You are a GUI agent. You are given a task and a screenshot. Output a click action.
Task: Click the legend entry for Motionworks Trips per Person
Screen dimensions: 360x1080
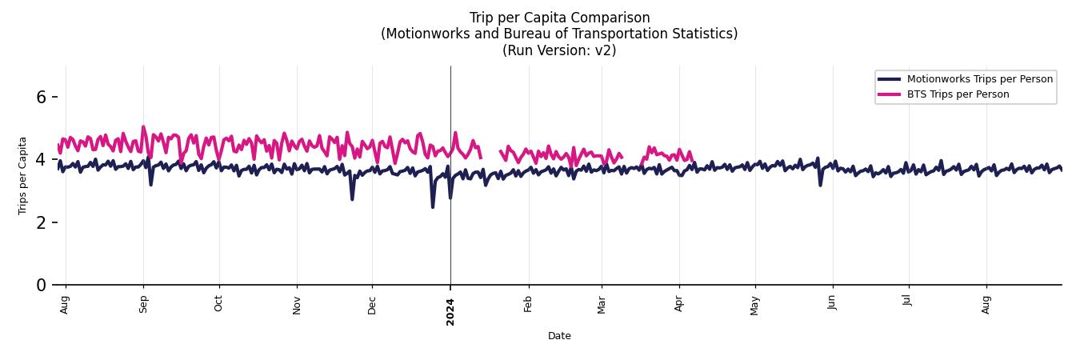click(x=979, y=78)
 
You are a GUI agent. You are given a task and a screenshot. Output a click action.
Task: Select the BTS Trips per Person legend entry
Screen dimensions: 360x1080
click(x=958, y=94)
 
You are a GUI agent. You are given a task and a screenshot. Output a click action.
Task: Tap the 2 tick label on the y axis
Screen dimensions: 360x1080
click(x=42, y=222)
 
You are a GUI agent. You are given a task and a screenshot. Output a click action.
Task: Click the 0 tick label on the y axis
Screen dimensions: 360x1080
click(x=42, y=285)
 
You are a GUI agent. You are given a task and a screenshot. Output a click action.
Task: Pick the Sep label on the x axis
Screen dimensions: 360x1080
click(x=143, y=304)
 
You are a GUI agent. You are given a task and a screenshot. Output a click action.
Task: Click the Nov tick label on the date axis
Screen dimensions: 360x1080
click(x=297, y=305)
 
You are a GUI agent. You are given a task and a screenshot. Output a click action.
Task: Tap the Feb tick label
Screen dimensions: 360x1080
click(x=528, y=304)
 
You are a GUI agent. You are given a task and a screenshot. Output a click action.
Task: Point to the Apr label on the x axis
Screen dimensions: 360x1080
click(x=679, y=304)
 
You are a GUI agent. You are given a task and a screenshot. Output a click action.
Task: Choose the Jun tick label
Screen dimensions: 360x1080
click(x=832, y=302)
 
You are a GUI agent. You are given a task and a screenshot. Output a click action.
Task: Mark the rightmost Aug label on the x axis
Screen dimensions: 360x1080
click(x=986, y=304)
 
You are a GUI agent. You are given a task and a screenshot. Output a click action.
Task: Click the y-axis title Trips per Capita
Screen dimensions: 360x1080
click(x=22, y=175)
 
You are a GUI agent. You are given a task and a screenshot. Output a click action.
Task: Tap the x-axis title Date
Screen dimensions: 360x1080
click(x=559, y=336)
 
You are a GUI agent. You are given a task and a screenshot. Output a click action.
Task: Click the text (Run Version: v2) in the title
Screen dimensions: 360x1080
click(x=559, y=50)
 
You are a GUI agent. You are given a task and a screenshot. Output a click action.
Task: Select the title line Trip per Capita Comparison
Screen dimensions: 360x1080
click(x=559, y=18)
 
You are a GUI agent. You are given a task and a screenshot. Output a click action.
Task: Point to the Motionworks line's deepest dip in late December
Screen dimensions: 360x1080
click(x=433, y=207)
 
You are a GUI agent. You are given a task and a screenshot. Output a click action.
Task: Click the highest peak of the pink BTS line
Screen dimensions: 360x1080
click(x=143, y=126)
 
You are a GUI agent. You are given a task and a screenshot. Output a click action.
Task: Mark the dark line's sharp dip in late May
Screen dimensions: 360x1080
click(x=820, y=185)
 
